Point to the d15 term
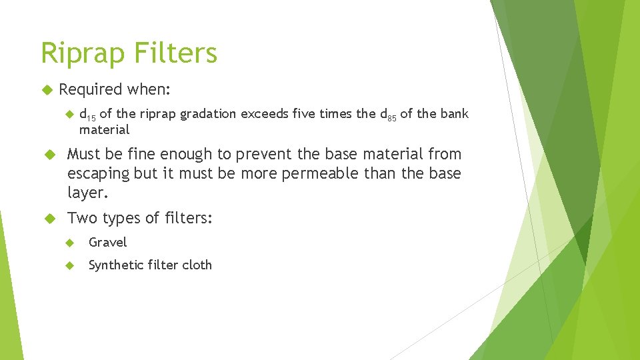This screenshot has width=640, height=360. coord(87,114)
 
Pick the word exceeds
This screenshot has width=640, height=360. coord(265,114)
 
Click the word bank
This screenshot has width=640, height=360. coord(455,114)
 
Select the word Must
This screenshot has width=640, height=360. coord(83,154)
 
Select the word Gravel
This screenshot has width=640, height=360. coord(107,243)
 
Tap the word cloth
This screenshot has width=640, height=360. coord(197,265)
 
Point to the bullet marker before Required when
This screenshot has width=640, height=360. coord(47,89)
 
